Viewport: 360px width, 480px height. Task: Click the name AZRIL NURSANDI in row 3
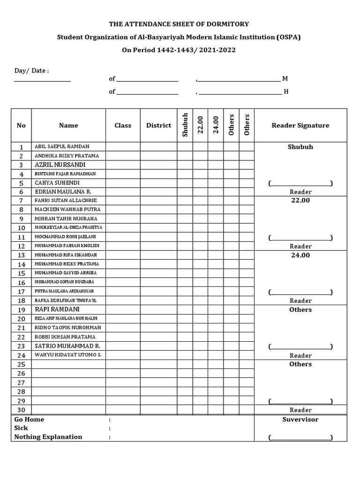pos(60,165)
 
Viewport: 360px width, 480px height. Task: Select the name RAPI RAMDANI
pos(57,309)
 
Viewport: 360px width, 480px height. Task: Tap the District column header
pos(158,125)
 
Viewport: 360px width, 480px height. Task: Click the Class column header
pos(123,125)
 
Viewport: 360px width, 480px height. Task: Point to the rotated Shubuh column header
pos(185,125)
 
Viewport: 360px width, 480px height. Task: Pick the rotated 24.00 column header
pos(216,125)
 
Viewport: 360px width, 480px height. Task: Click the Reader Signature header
pos(300,125)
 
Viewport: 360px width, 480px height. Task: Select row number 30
pos(21,410)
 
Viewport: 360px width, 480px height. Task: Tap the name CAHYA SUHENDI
pos(57,183)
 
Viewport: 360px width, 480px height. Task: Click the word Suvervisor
pos(300,420)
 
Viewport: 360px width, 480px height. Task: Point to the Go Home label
pos(29,420)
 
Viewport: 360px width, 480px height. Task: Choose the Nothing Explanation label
pos(48,437)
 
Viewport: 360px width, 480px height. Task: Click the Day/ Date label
pos(31,70)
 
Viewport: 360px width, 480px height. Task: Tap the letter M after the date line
pos(285,79)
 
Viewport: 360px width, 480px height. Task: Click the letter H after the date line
pos(286,91)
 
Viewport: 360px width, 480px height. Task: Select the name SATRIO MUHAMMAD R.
pos(67,346)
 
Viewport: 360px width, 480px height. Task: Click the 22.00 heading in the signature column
pos(300,201)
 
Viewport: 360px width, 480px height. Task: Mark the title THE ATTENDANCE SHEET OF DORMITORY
pos(179,24)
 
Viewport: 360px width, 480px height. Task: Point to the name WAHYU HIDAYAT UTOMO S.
pos(68,355)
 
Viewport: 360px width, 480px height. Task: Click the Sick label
pos(21,428)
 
